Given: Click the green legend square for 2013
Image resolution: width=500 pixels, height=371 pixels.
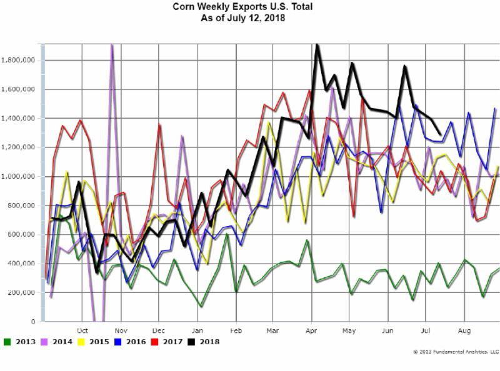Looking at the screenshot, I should pyautogui.click(x=7, y=342).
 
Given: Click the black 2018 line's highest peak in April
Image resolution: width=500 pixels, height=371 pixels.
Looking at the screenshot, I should pyautogui.click(x=317, y=45).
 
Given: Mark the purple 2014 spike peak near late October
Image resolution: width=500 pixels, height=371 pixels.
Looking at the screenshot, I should pyautogui.click(x=112, y=45).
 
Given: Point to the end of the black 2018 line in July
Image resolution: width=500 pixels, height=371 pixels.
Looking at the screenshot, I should pyautogui.click(x=441, y=134).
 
